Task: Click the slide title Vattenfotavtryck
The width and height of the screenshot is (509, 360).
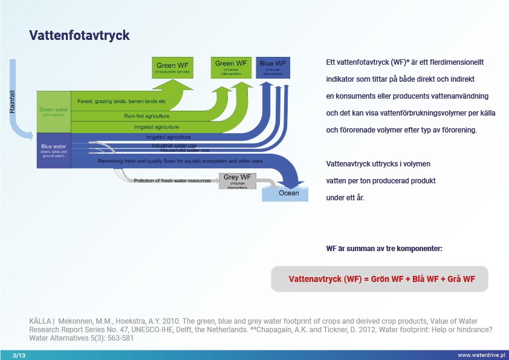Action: (79, 36)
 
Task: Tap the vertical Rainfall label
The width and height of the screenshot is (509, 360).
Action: (12, 102)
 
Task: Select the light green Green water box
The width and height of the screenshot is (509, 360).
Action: (54, 112)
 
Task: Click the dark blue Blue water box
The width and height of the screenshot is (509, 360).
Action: (54, 150)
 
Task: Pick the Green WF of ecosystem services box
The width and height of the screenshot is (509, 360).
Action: (175, 67)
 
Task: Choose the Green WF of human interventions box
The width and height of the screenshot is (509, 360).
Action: (231, 67)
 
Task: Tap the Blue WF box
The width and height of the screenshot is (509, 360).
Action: (273, 67)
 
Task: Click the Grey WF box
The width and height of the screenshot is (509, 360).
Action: (238, 180)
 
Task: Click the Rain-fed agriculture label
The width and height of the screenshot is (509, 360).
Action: (146, 116)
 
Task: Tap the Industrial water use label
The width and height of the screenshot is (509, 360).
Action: (173, 145)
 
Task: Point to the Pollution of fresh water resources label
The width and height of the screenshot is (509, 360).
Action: (173, 180)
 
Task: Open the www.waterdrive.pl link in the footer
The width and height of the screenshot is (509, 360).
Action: (481, 355)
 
